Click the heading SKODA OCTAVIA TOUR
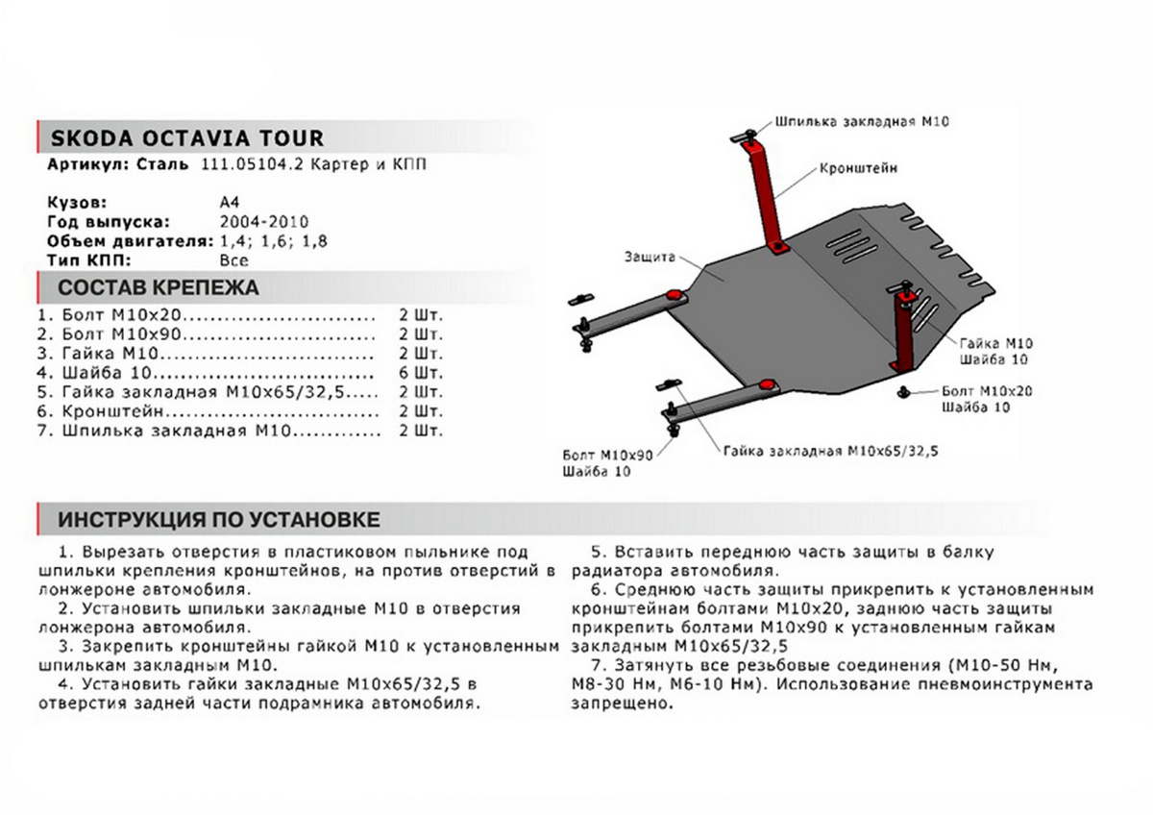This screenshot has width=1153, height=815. (185, 137)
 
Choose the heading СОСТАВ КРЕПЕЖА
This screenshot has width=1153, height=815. (159, 287)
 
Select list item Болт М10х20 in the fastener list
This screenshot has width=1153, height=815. (120, 314)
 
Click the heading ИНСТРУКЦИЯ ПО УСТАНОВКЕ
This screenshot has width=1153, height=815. (219, 520)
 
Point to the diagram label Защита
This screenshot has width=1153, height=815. (649, 258)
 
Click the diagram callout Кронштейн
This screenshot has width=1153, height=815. (859, 166)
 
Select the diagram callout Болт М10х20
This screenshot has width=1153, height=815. (987, 391)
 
